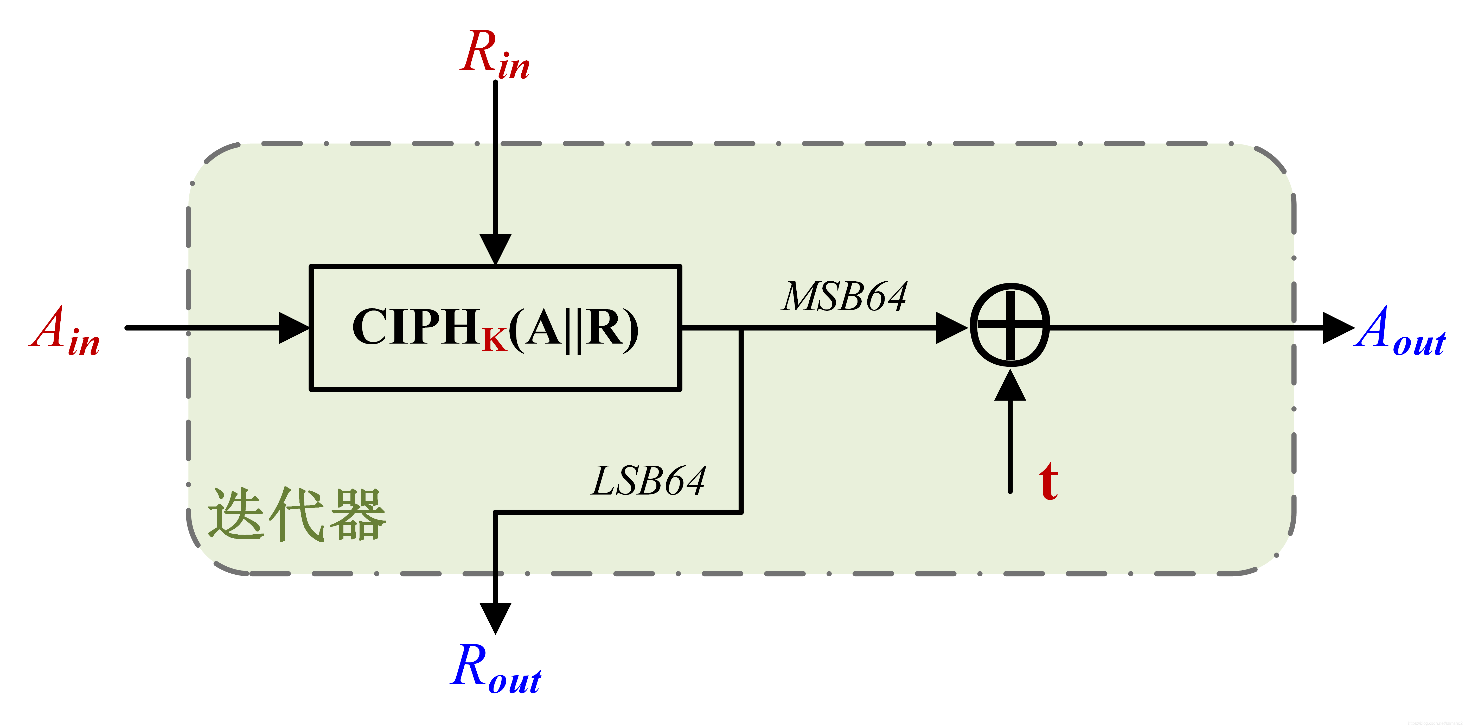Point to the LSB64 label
coord(648,481)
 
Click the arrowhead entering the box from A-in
coord(293,328)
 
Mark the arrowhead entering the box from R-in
coord(495,249)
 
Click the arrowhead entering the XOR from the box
coord(951,328)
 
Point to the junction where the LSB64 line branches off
coord(741,328)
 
